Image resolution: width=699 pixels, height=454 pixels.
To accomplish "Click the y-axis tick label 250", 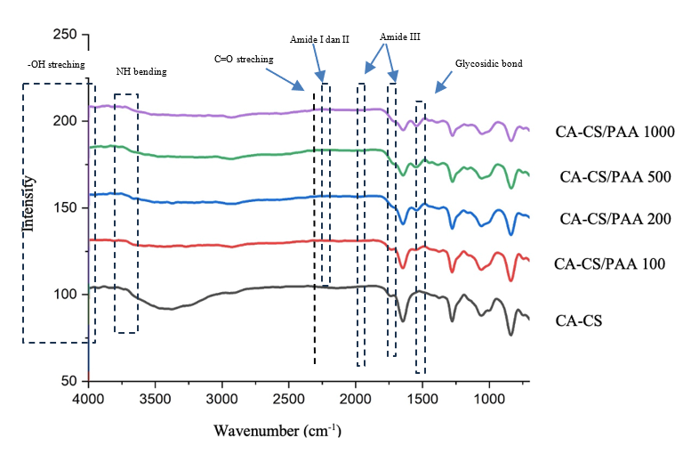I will [x=65, y=34].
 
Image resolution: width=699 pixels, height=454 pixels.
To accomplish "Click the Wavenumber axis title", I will [x=277, y=431].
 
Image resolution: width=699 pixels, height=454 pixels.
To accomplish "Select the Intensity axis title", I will [x=29, y=204].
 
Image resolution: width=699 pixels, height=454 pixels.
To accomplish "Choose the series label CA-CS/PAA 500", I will [x=615, y=176].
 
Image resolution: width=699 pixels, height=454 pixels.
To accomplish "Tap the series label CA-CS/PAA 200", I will [x=615, y=219].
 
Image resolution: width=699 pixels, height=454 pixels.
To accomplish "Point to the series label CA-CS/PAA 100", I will [x=609, y=263].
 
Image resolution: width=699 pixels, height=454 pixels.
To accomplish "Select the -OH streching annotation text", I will [x=54, y=64].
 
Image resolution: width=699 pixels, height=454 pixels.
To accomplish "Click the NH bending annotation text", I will [x=141, y=70].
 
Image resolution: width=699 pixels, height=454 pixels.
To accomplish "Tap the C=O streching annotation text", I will [x=244, y=59].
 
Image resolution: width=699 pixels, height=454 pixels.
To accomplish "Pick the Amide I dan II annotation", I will [x=319, y=40].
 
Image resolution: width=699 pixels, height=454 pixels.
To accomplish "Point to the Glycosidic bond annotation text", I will [x=488, y=64].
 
